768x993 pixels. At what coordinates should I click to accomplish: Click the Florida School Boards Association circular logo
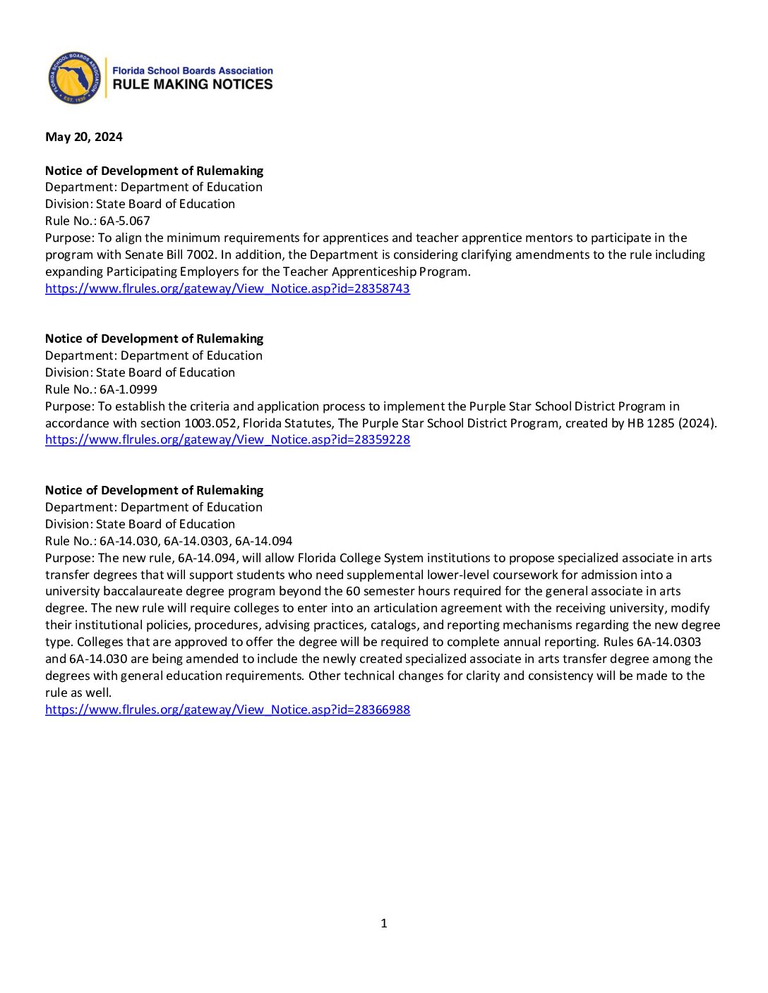(x=75, y=78)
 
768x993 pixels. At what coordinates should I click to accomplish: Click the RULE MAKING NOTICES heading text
(x=193, y=85)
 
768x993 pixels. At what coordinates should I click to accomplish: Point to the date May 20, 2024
(x=84, y=137)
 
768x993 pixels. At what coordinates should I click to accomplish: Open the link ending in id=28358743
(x=227, y=288)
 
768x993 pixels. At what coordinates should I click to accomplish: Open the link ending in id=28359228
(x=227, y=439)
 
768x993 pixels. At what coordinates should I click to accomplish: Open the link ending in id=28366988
(x=227, y=709)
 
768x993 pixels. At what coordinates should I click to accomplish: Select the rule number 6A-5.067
(x=125, y=221)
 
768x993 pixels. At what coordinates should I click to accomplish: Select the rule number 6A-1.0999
(x=128, y=389)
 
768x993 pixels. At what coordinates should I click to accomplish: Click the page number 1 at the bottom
(x=384, y=923)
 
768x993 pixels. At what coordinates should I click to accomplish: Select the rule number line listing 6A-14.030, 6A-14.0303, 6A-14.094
(x=196, y=541)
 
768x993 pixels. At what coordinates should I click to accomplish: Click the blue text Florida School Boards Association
(x=193, y=71)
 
